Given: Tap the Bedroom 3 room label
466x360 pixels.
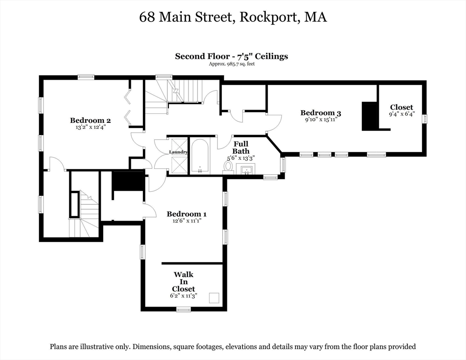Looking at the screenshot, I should (x=321, y=112).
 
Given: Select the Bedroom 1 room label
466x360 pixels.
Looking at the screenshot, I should (x=187, y=214).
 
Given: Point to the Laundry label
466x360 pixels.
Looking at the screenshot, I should (x=179, y=152).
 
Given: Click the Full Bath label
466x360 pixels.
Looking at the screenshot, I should (x=241, y=147).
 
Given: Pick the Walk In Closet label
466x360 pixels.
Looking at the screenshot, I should (x=183, y=282).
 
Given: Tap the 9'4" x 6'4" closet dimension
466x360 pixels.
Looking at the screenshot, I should (x=402, y=114).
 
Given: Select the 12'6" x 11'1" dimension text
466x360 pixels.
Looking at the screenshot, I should (x=187, y=221).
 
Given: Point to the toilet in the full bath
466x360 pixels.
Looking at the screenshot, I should (x=229, y=166).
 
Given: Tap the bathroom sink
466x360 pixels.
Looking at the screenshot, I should (x=247, y=170).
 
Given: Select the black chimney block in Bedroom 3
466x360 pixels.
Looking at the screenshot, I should (x=369, y=116).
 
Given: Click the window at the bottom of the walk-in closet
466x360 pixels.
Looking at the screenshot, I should (x=183, y=309).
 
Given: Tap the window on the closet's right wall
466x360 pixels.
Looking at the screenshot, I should (x=425, y=119).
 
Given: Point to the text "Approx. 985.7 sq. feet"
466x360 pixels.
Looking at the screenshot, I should (x=232, y=64).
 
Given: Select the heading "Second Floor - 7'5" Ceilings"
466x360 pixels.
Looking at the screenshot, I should (x=232, y=56).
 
